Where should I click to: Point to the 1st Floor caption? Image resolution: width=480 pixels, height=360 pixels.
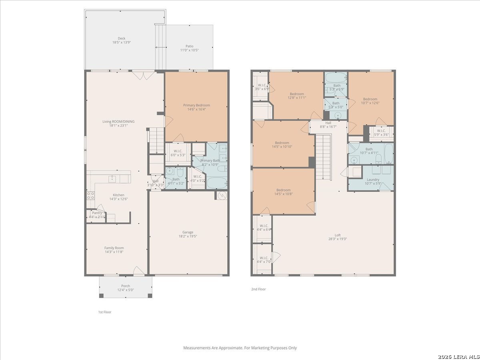pos(105,312)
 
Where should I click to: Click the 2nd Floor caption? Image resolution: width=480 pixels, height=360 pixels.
pos(258,289)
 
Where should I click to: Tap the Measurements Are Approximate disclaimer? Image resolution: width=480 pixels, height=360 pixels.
pos(240,348)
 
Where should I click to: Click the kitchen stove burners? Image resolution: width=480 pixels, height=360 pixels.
pos(91,196)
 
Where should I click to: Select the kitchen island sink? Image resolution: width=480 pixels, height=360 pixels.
pos(112,179)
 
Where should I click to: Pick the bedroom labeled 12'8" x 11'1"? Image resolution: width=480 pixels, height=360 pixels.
pos(297,96)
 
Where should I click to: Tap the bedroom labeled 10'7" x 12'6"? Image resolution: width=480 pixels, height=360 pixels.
pos(370,101)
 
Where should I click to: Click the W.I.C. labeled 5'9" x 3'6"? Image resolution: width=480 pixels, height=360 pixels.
pos(381,133)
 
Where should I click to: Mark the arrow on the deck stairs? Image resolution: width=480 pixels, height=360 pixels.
pos(161,47)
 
